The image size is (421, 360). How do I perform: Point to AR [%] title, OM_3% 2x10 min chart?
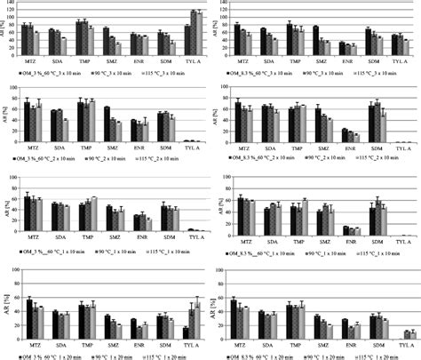coord(6,115)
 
